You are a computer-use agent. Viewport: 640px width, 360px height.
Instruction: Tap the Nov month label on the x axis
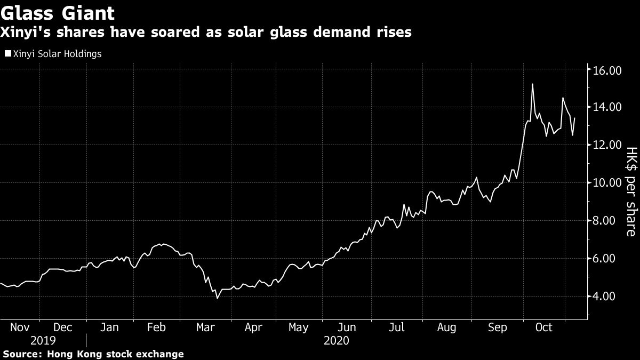pos(20,327)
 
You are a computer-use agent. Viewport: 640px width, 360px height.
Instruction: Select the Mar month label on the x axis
pos(205,327)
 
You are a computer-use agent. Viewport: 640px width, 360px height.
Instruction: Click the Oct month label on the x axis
pos(543,327)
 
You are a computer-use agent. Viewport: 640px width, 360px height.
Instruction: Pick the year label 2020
pos(336,340)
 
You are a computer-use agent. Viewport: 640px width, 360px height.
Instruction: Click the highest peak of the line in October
pos(532,84)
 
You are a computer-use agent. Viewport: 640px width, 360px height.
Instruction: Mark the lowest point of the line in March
pos(217,298)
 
